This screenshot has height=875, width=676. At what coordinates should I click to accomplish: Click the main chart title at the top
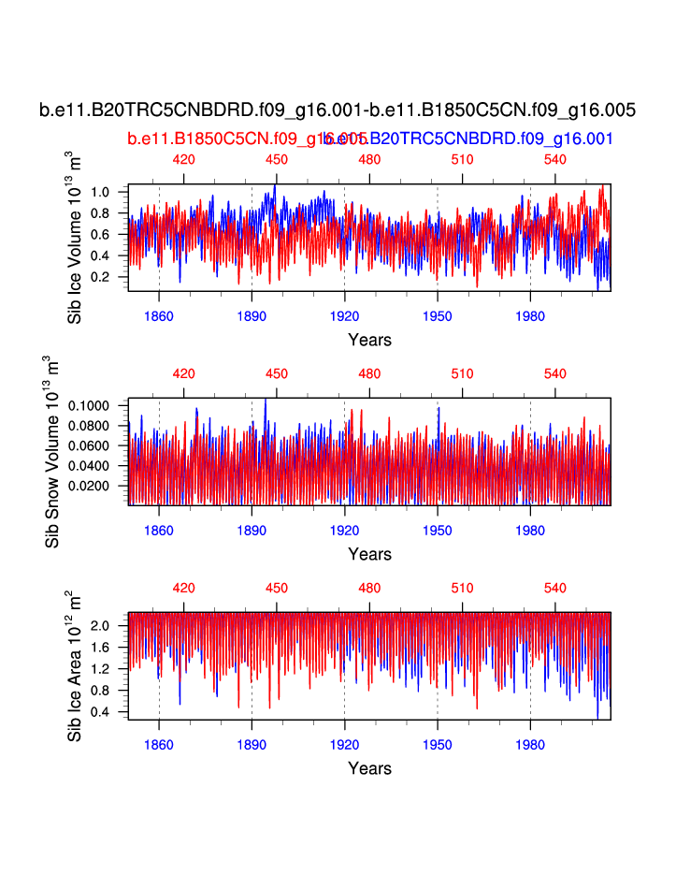click(x=338, y=110)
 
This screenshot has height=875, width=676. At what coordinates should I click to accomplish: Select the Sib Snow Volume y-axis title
click(x=53, y=452)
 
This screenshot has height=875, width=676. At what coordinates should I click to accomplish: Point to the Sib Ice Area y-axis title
click(x=75, y=666)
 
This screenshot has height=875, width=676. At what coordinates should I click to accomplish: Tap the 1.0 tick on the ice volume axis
click(x=101, y=192)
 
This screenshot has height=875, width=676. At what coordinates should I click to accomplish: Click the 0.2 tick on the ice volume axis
click(x=101, y=277)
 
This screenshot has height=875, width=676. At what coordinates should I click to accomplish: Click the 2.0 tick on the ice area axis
click(x=101, y=625)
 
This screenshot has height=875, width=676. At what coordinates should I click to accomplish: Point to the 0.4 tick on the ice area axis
click(x=101, y=712)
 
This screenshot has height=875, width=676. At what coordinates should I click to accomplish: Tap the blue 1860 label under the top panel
click(x=159, y=317)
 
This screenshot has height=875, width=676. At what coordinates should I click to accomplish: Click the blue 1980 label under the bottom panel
click(x=530, y=746)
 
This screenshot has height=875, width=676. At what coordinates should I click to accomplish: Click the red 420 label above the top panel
click(x=184, y=159)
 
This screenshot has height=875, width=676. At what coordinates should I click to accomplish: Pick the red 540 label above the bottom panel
click(x=555, y=588)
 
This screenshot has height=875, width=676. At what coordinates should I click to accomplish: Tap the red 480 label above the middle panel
click(x=369, y=373)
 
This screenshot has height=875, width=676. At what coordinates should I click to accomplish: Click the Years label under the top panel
click(x=369, y=340)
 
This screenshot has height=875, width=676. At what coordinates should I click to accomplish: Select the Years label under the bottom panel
click(x=369, y=768)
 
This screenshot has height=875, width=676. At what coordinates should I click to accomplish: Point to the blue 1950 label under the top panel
click(x=438, y=317)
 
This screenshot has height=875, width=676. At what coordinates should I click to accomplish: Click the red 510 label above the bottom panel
click(x=463, y=588)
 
